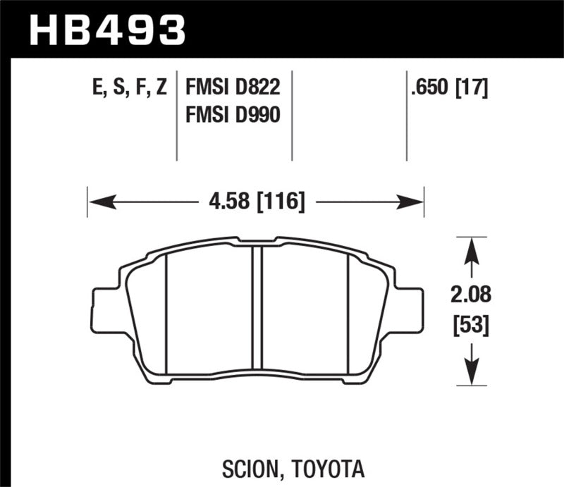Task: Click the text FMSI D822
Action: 233,88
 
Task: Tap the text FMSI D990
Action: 233,113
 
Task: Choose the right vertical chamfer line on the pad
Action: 348,314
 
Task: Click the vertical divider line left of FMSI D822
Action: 176,116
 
